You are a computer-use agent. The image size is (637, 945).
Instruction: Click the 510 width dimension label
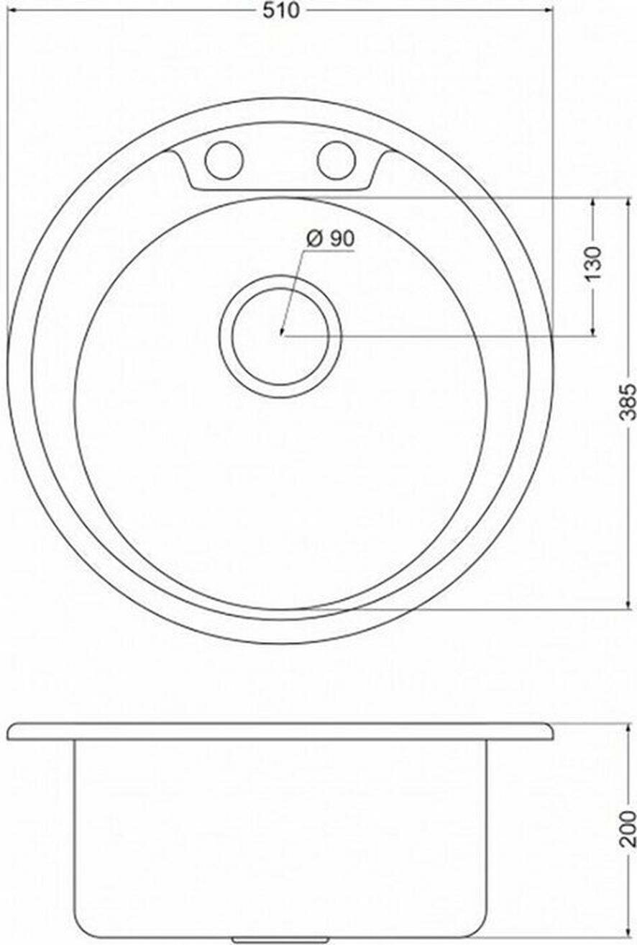click(281, 11)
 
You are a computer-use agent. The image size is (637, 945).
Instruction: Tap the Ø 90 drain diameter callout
click(331, 240)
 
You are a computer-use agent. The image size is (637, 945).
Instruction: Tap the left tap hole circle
click(224, 160)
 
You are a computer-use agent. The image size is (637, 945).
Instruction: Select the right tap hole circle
click(337, 160)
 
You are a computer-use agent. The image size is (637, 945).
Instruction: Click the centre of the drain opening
click(280, 336)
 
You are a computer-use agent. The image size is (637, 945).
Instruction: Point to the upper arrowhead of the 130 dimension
click(593, 204)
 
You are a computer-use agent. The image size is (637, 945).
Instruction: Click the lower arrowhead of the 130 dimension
click(593, 330)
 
